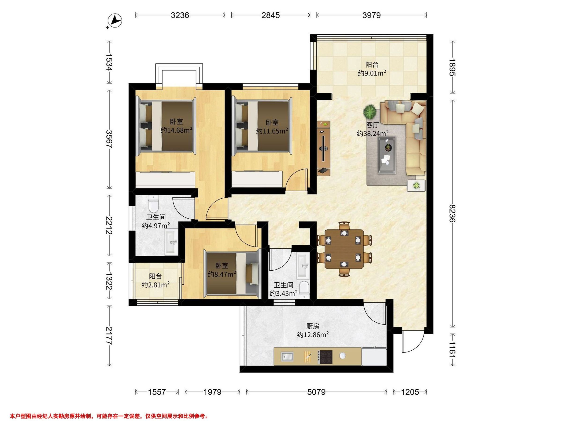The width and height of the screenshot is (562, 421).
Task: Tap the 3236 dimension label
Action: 180,15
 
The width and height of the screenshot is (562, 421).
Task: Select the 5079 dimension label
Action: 316,392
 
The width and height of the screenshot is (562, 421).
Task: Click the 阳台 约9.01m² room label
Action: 372,69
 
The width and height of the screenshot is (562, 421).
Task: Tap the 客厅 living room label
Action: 373,125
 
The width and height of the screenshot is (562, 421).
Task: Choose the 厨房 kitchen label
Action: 313,326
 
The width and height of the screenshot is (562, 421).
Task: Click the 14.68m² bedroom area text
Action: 176,130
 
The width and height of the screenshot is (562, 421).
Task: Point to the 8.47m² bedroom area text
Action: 222,274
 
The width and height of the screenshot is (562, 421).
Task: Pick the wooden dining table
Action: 344,249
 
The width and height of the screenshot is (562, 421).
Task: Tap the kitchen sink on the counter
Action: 287,356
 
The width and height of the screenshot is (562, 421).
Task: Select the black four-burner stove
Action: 326,357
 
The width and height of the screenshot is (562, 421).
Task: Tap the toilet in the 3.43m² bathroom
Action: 304,290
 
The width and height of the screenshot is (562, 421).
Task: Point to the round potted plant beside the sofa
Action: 370,112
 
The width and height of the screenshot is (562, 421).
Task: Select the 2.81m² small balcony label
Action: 155,280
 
